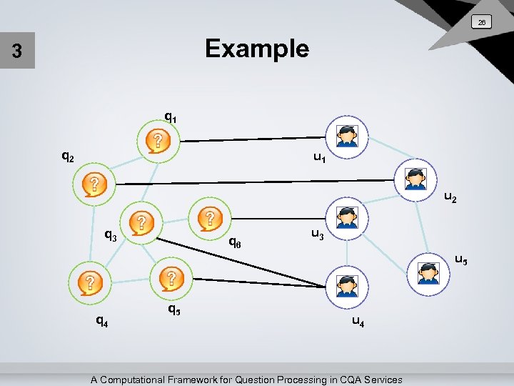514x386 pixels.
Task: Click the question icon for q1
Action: point(158,140)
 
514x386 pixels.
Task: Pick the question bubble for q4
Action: point(89,282)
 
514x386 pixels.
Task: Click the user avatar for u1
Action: point(347,136)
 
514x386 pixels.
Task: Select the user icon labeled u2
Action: point(414,178)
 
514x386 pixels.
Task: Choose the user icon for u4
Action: point(347,284)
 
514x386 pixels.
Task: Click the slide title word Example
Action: point(257,49)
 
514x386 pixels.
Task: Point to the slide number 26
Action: point(482,23)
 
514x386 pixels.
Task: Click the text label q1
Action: point(171,116)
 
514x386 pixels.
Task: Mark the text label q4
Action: point(102,321)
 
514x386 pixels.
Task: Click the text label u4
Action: point(358,322)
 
